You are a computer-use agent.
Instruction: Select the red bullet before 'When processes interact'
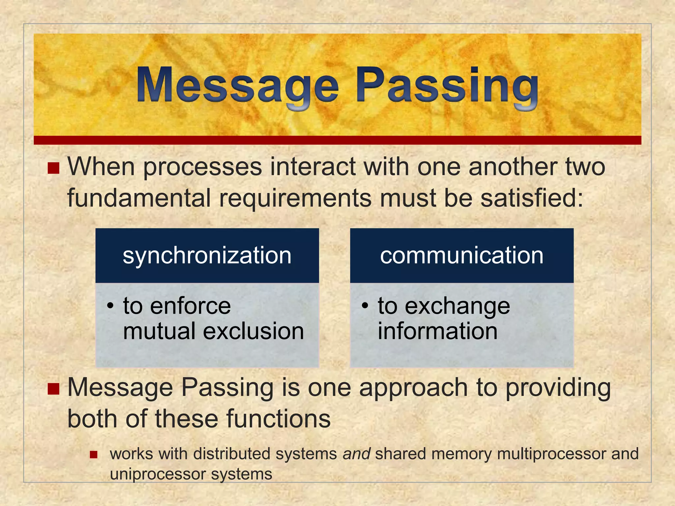(x=53, y=168)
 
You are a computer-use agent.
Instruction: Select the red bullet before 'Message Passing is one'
(x=53, y=389)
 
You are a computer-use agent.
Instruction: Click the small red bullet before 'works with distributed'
(x=94, y=455)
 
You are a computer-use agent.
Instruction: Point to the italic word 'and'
(x=356, y=454)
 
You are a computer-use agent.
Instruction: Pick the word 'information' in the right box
(x=437, y=331)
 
